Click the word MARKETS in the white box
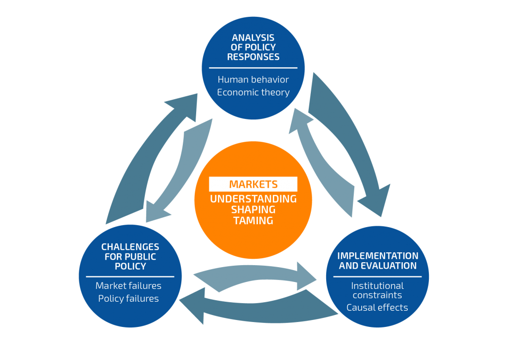pos(253,184)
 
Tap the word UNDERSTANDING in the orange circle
pos(253,199)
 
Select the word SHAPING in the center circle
pos(253,209)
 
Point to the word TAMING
pos(253,221)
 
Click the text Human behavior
pos(253,80)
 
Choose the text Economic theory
pos(253,92)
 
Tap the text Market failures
pos(128,286)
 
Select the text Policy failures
pos(128,298)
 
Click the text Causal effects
pos(377,308)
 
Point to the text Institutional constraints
pos(377,290)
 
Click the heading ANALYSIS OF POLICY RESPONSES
pos(253,47)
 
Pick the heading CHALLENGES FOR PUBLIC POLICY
pos(130,256)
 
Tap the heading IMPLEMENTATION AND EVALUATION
pos(378,261)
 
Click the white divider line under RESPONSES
pos(253,68)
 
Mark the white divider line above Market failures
pos(130,277)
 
